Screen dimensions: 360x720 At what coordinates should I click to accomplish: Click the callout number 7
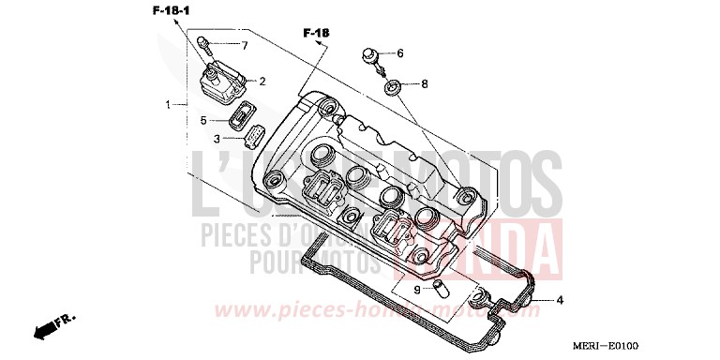pos(245,45)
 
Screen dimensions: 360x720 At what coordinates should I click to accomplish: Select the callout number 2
pos(262,81)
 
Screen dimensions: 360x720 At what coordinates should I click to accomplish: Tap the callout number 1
pos(170,105)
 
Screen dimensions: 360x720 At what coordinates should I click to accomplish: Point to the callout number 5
pos(202,120)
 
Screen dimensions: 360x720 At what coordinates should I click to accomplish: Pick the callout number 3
pos(216,138)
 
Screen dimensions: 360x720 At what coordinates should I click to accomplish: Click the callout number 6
pos(399,53)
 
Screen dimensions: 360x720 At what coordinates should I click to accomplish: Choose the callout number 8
pos(424,84)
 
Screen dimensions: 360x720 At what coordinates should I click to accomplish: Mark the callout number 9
pos(417,290)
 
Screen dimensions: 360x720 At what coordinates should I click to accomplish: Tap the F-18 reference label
pos(317,34)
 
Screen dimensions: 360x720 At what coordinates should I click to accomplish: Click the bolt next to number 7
pos(203,43)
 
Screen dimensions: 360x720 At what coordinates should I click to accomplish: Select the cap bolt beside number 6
pos(371,55)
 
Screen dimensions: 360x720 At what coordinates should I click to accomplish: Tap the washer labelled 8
pos(392,87)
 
